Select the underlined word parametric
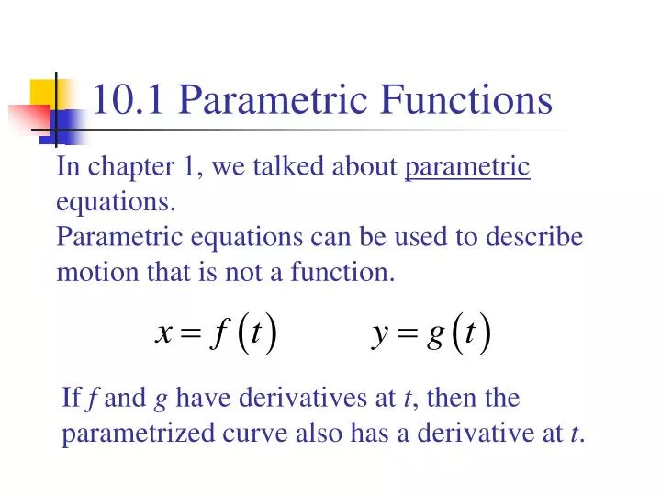point(467,168)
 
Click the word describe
point(536,237)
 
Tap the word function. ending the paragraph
point(341,272)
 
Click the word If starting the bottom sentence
point(71,399)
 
